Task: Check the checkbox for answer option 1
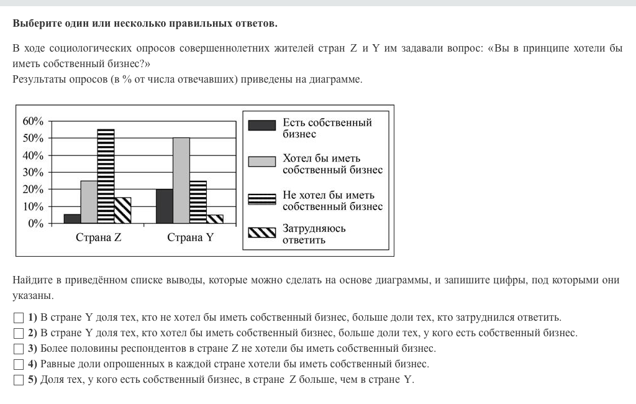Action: [x=17, y=318]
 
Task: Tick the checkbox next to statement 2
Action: [x=17, y=333]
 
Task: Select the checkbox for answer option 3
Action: [x=17, y=349]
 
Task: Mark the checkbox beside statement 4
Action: [x=17, y=364]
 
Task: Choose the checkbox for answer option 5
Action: [x=17, y=380]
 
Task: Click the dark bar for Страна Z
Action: [x=72, y=218]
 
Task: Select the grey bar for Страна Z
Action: [x=89, y=201]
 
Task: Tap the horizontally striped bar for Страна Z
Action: [x=106, y=176]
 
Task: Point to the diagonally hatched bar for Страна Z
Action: [x=122, y=210]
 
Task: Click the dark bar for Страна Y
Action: [x=165, y=206]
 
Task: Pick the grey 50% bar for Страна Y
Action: [x=181, y=180]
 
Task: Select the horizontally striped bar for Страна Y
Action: [x=198, y=201]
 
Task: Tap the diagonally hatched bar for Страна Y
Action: [x=215, y=219]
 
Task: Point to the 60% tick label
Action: [x=33, y=121]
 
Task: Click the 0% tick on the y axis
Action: [x=36, y=223]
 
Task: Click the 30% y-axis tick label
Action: [x=33, y=172]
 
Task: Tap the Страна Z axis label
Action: [x=98, y=237]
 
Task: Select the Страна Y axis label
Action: [x=190, y=237]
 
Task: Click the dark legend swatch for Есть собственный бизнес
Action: [x=261, y=126]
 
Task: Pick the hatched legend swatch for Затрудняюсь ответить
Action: [x=261, y=232]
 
